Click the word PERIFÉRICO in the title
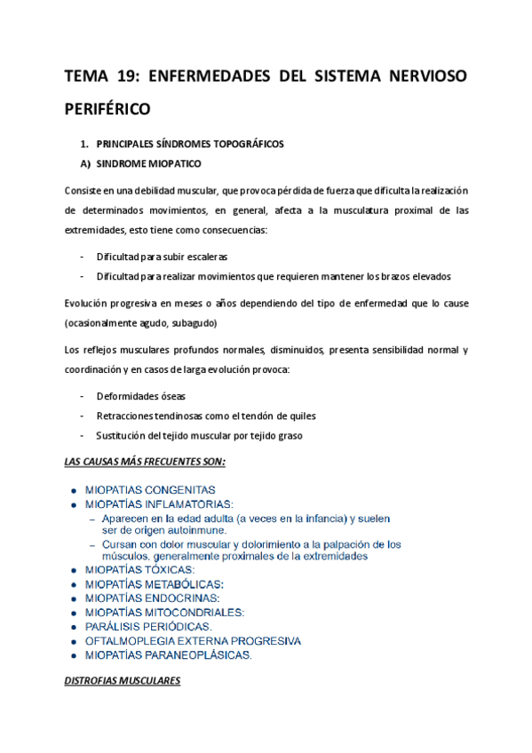(108, 111)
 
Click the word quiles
(300, 416)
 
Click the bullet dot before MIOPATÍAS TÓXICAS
(72, 570)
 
